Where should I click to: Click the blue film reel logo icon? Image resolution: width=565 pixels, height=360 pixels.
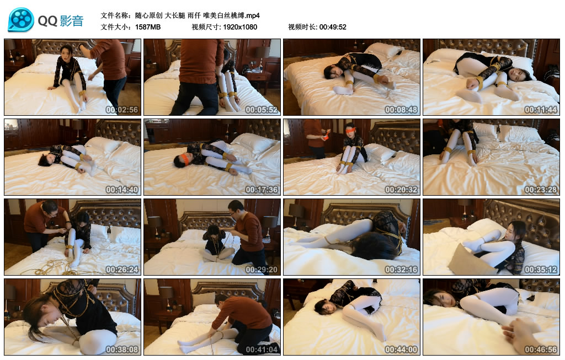[21, 20]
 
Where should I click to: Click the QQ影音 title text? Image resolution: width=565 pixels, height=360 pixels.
[61, 21]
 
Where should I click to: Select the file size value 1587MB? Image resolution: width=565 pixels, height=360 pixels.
[148, 27]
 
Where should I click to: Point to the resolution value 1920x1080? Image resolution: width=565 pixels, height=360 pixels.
[240, 27]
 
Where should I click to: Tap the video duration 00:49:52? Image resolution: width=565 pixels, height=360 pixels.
[333, 27]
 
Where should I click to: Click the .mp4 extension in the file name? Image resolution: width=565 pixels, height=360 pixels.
[252, 15]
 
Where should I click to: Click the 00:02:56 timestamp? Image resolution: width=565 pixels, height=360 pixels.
[122, 110]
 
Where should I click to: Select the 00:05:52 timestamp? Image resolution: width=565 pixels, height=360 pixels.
[261, 110]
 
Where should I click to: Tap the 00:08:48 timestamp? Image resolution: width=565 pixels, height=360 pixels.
[401, 110]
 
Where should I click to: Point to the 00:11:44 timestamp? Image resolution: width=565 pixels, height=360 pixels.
[541, 110]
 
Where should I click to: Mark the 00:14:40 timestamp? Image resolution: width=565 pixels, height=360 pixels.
[122, 190]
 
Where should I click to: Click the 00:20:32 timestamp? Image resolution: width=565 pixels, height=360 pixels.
[401, 190]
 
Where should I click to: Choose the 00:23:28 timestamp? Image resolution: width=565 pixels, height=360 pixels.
[541, 190]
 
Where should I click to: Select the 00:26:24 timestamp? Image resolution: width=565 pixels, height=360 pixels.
[122, 270]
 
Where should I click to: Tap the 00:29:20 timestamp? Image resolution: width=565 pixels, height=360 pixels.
[261, 270]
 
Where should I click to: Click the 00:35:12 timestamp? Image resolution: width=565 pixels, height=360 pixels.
[541, 270]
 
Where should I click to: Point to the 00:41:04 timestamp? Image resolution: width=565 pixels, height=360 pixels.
[261, 350]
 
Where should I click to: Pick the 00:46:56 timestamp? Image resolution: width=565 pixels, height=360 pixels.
[541, 350]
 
